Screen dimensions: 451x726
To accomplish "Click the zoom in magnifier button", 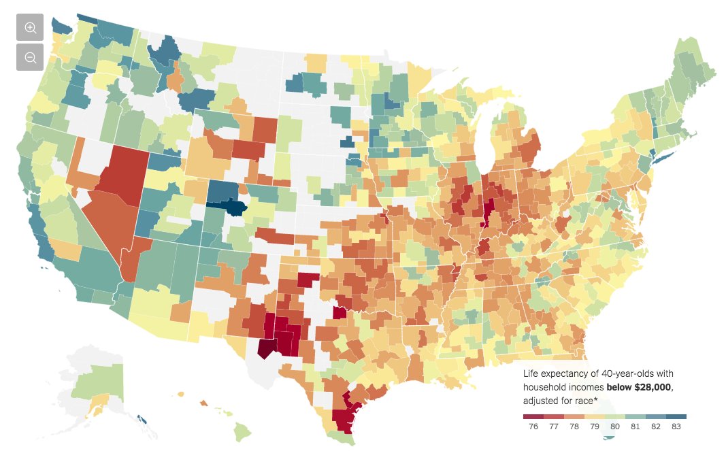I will coord(30,27).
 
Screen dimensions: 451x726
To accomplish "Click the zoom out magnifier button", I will coord(30,57).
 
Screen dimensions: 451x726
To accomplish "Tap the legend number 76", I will coord(533,427).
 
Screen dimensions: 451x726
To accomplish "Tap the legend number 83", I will coord(676,427).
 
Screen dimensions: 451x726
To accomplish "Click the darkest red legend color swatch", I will coord(533,416).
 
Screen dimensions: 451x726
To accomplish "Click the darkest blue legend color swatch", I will coord(676,416).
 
